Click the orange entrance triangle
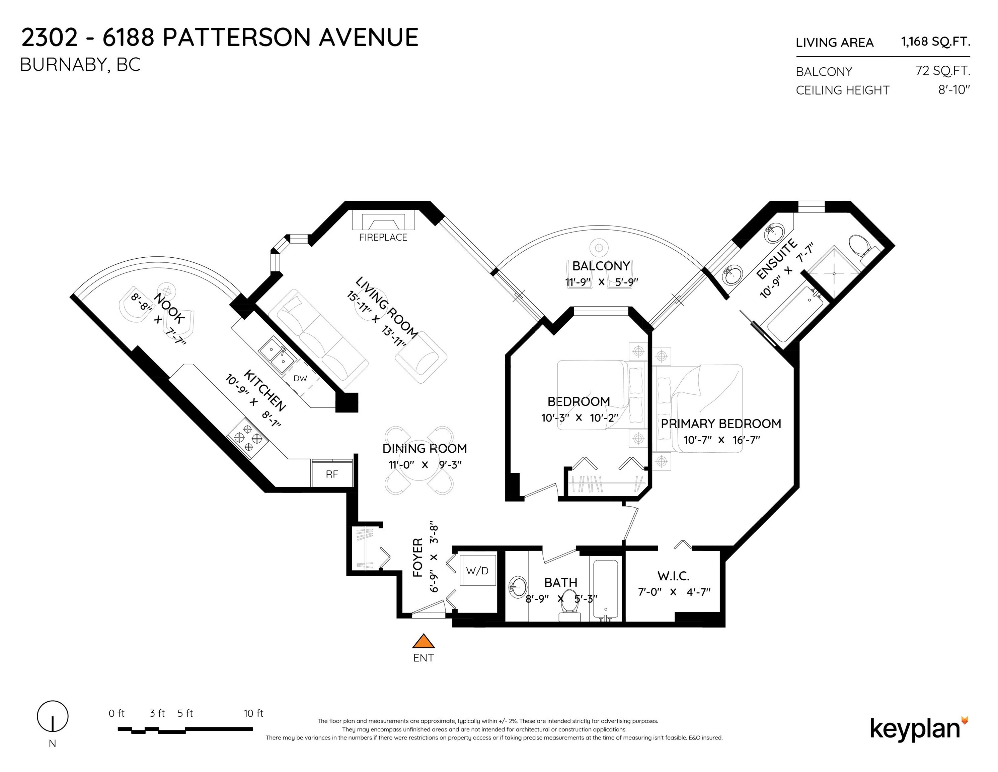click(x=423, y=641)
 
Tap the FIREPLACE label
click(x=383, y=237)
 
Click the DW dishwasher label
click(x=300, y=378)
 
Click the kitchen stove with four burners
click(x=247, y=438)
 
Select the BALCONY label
click(x=601, y=266)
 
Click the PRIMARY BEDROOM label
click(x=720, y=424)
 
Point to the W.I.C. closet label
click(x=673, y=576)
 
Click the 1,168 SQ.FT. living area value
click(x=935, y=42)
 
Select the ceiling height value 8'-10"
click(x=954, y=90)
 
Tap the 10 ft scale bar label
click(x=254, y=713)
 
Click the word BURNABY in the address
click(x=64, y=65)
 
